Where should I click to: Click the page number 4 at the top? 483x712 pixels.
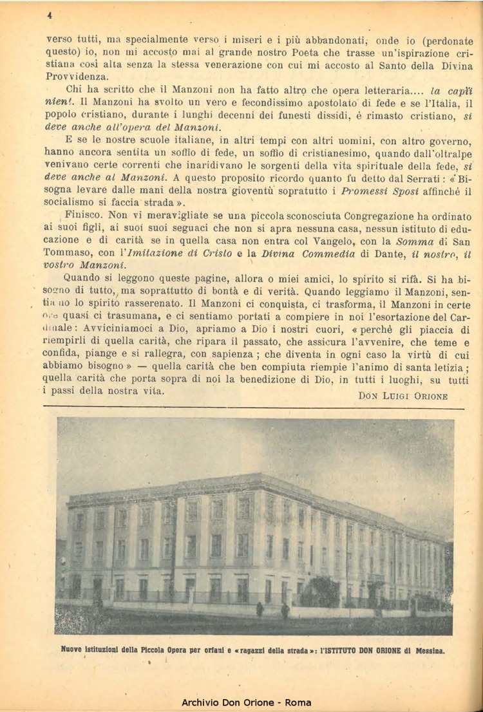tap(49, 14)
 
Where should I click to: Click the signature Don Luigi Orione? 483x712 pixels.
tap(402, 396)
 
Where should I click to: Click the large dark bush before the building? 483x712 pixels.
tap(320, 590)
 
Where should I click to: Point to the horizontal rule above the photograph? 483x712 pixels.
tap(252, 407)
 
